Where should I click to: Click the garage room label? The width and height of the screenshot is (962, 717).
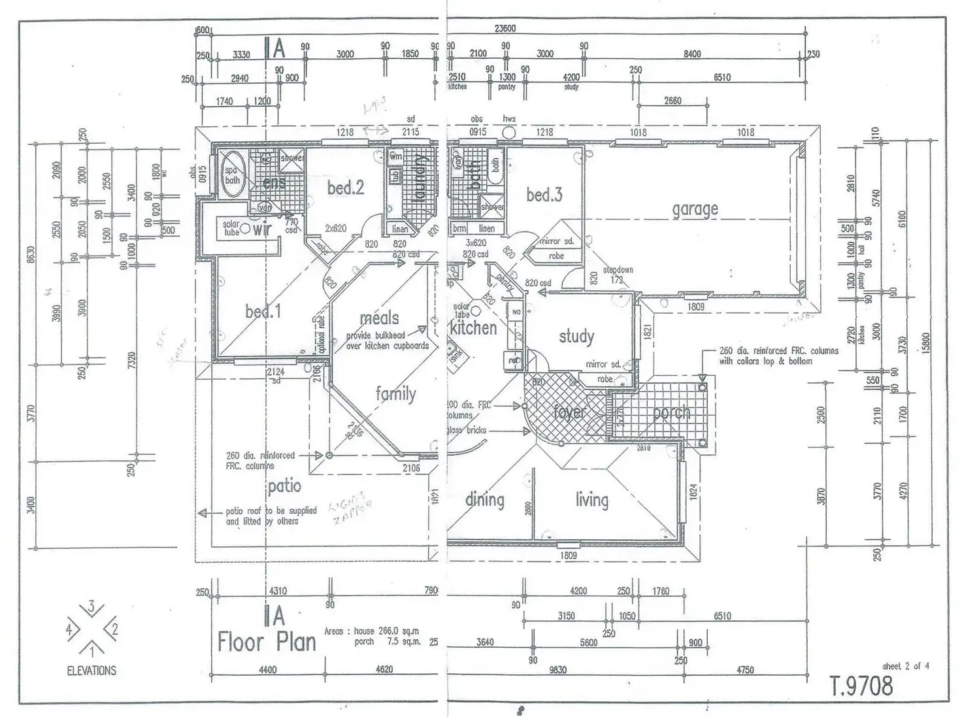pyautogui.click(x=695, y=209)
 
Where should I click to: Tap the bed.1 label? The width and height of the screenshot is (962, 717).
pyautogui.click(x=263, y=312)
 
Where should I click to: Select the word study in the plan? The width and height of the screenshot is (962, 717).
pyautogui.click(x=576, y=337)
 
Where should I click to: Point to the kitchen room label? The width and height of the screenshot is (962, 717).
pyautogui.click(x=473, y=327)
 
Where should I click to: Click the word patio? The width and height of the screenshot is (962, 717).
pyautogui.click(x=284, y=486)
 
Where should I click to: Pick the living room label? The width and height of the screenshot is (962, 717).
pyautogui.click(x=591, y=500)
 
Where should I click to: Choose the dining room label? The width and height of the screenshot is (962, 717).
pyautogui.click(x=484, y=500)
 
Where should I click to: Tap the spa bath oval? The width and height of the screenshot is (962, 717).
pyautogui.click(x=233, y=173)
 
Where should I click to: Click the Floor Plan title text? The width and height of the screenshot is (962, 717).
pyautogui.click(x=267, y=641)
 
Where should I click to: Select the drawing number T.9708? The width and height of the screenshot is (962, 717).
pyautogui.click(x=861, y=686)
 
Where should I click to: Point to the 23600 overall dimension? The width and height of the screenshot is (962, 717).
pyautogui.click(x=505, y=29)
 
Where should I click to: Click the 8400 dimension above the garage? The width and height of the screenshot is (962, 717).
pyautogui.click(x=692, y=54)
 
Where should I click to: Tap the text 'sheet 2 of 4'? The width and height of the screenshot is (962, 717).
pyautogui.click(x=905, y=666)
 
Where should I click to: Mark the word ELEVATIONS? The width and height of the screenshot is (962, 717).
pyautogui.click(x=91, y=671)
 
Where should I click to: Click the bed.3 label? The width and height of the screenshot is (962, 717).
pyautogui.click(x=544, y=195)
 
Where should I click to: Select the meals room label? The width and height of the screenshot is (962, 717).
pyautogui.click(x=379, y=318)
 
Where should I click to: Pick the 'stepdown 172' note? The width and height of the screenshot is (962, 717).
pyautogui.click(x=618, y=275)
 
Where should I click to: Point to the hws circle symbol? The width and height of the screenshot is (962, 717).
pyautogui.click(x=509, y=133)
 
